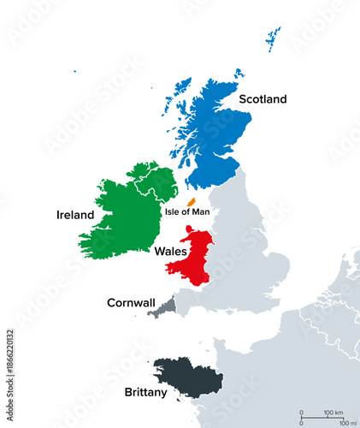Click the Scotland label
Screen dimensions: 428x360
point(263,99)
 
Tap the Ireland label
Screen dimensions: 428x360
point(74,215)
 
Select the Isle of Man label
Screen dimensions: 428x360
point(186,211)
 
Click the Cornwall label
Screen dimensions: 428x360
point(131,302)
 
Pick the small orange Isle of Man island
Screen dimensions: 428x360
point(191,200)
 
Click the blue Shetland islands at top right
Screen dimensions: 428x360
point(273,39)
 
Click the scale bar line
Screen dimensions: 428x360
point(321,416)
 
